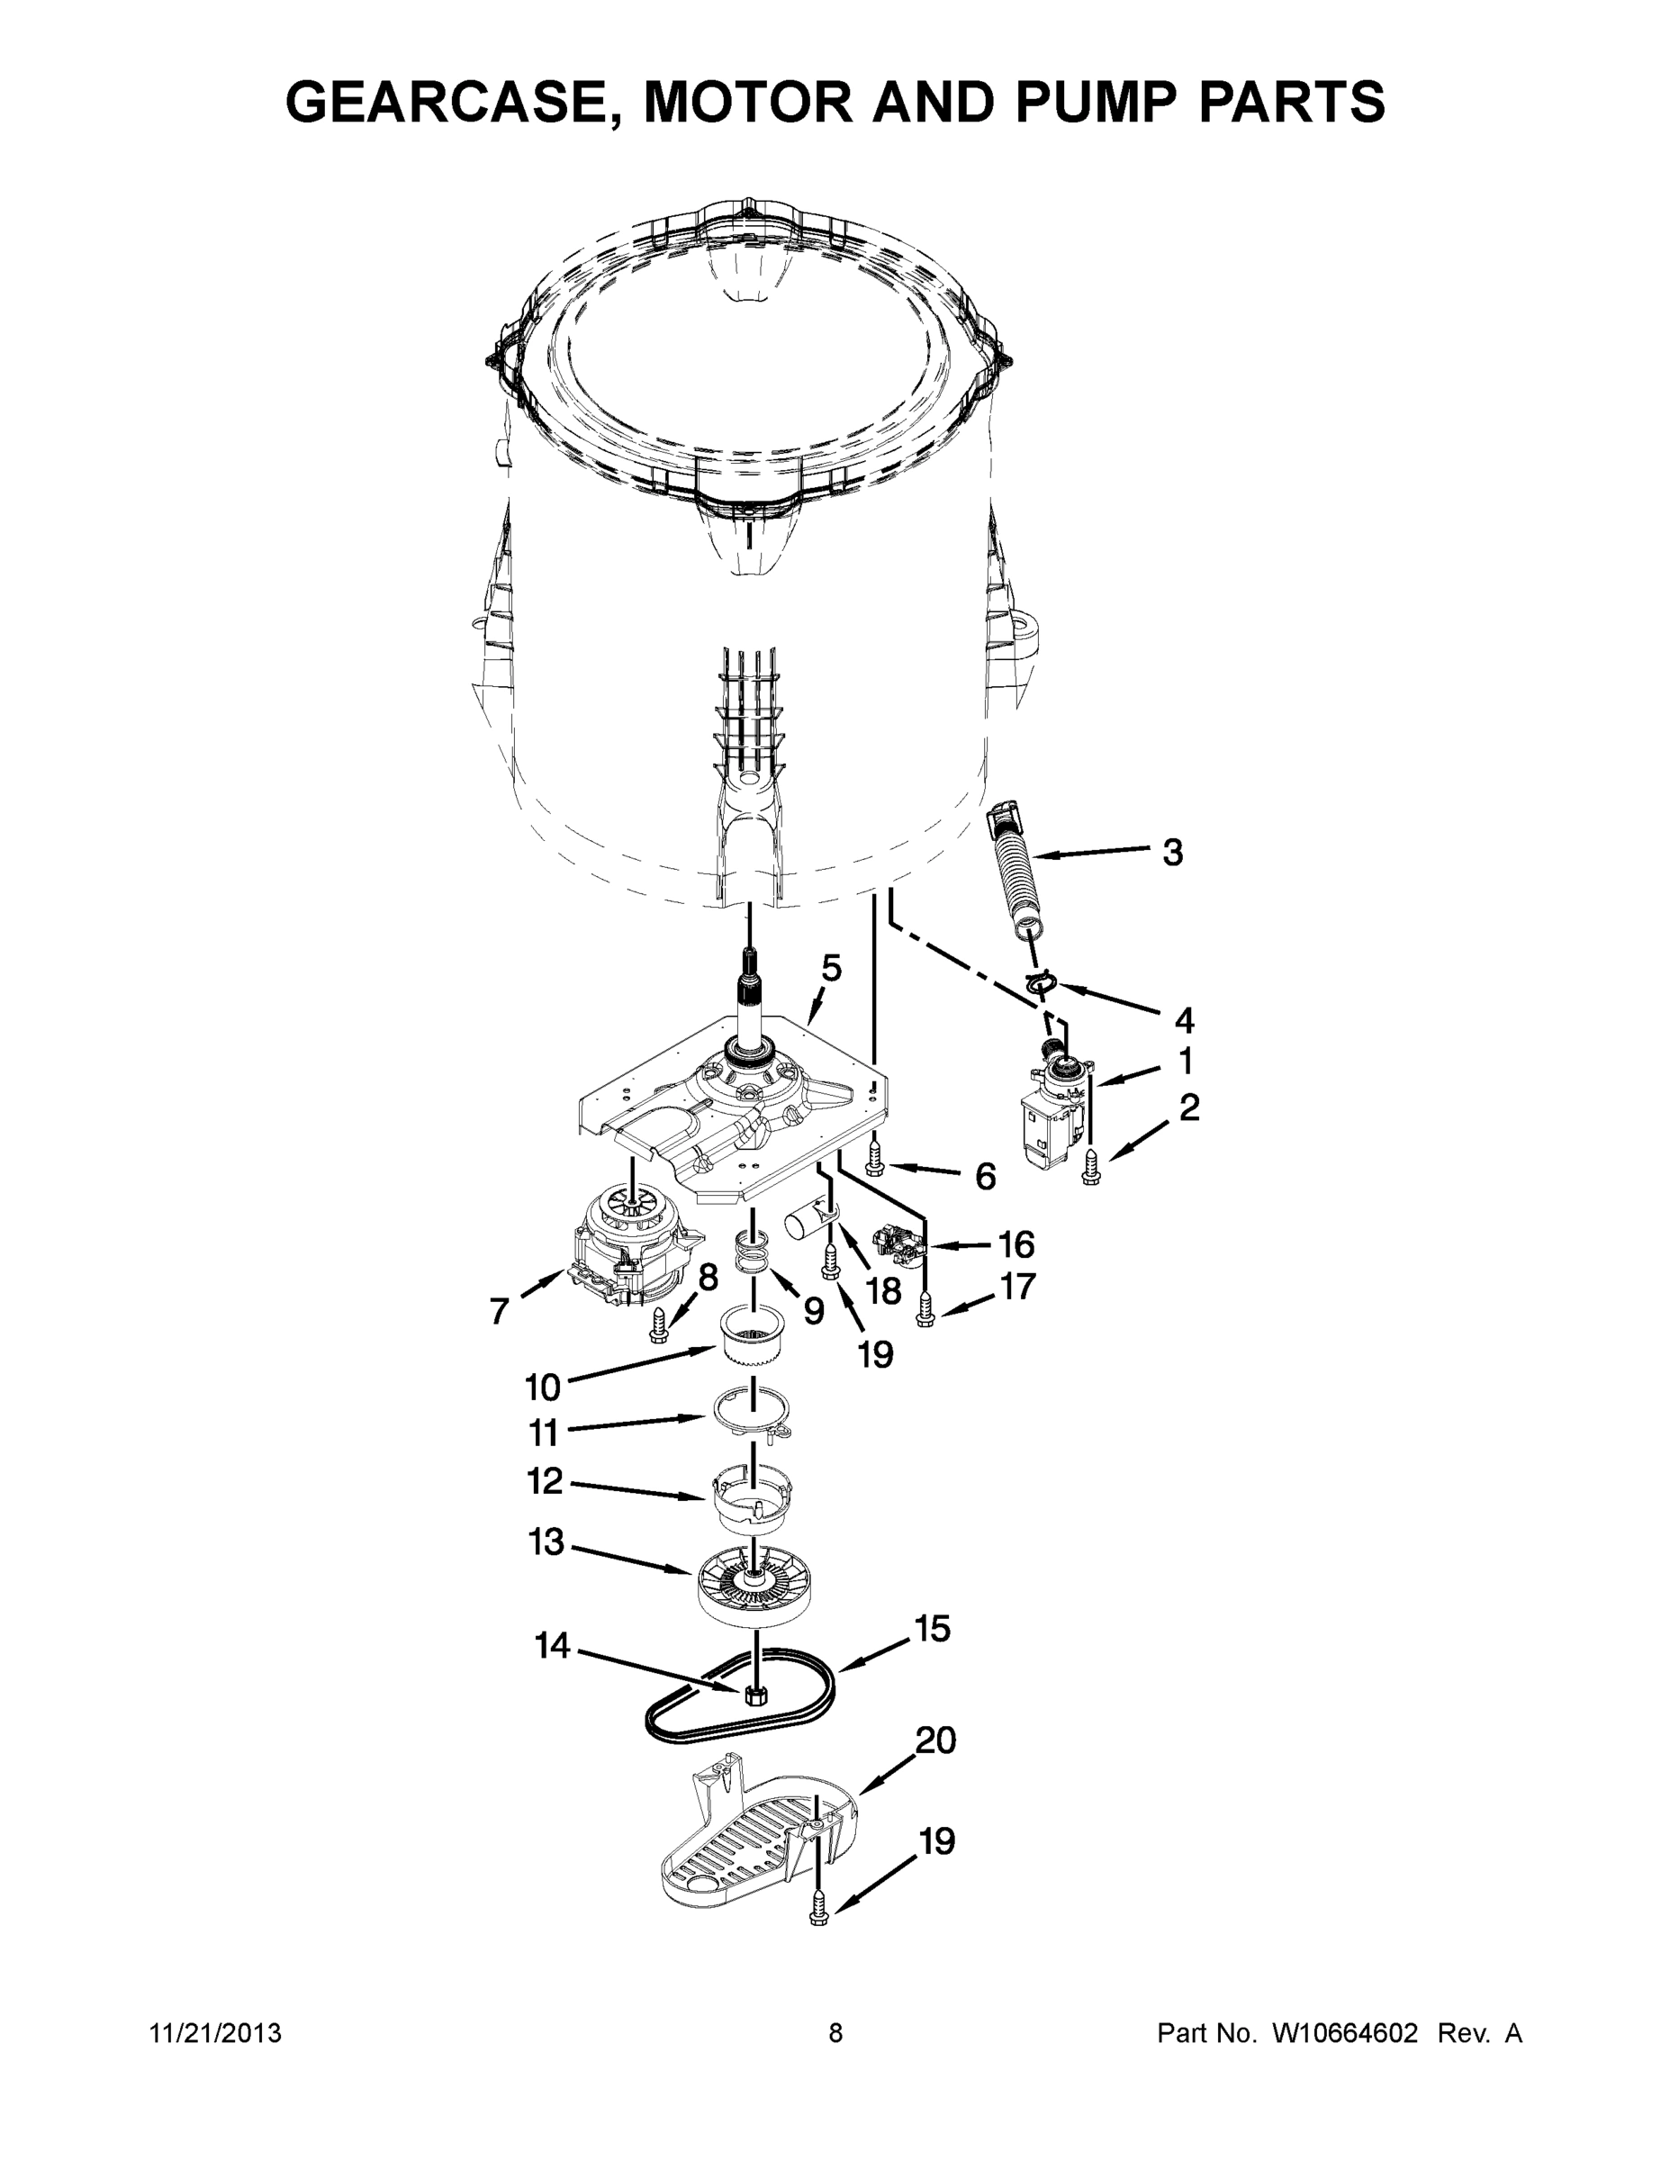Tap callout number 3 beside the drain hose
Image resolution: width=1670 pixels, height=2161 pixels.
point(1172,852)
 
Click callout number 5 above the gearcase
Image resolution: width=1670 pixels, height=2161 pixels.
point(831,968)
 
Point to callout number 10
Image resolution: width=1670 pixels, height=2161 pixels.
point(542,1388)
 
